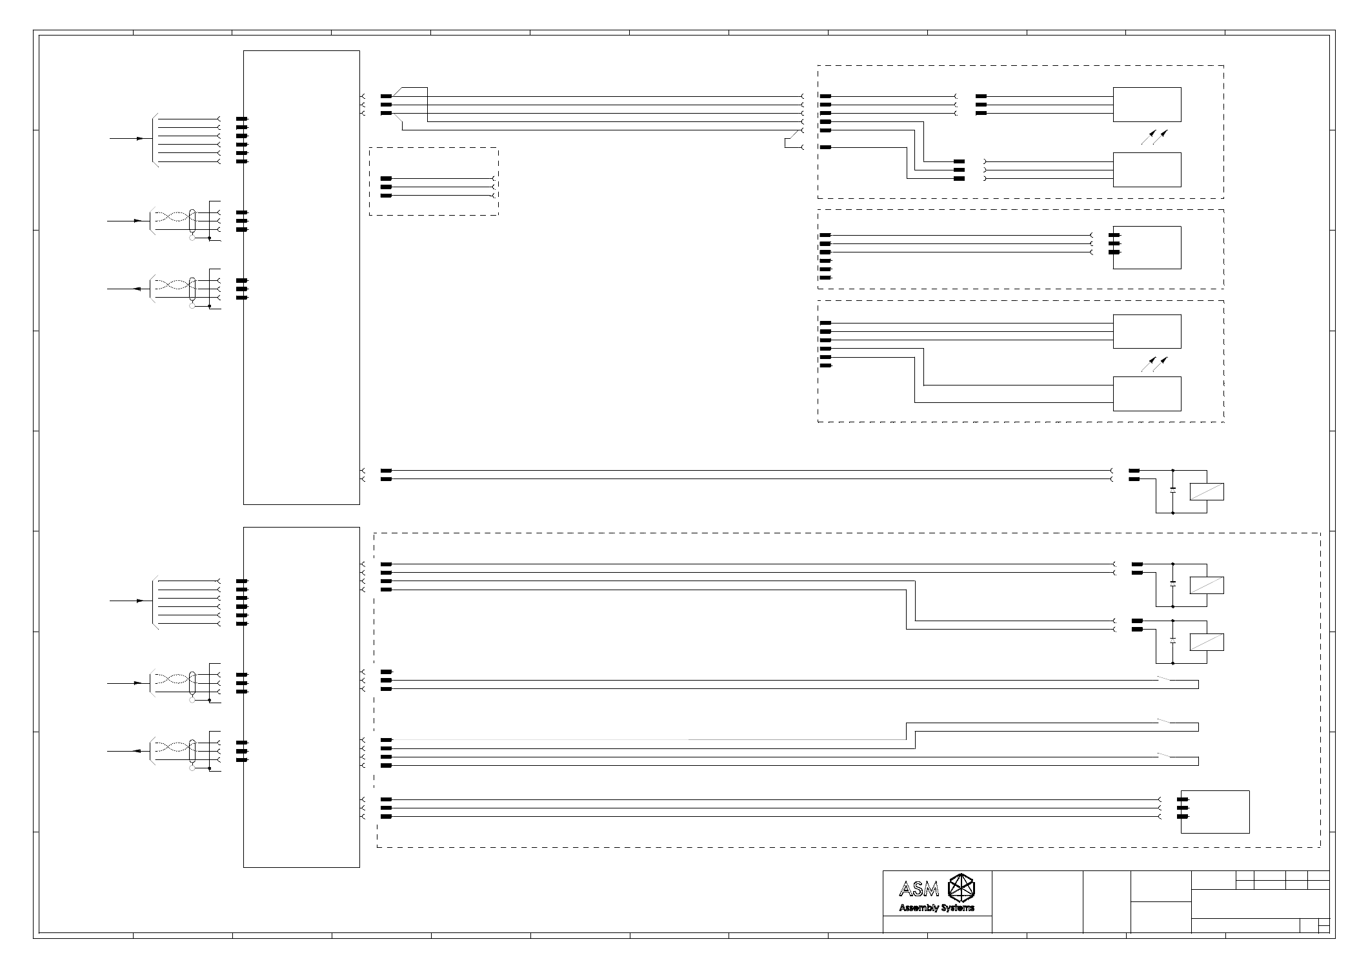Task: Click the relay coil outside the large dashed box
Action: pos(1207,491)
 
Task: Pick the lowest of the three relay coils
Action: pos(1207,642)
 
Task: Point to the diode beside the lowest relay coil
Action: pos(1173,641)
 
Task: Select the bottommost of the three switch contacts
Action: pos(1164,755)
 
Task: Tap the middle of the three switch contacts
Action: pos(1164,721)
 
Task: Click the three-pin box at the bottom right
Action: pos(1215,812)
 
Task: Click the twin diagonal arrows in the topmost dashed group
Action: pos(1155,137)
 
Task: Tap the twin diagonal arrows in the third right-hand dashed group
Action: pos(1155,364)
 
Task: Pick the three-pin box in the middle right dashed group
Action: pos(1147,247)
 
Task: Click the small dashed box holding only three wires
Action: pos(434,181)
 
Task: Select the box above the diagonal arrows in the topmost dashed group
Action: pos(1147,105)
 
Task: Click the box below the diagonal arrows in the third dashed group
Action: pos(1147,394)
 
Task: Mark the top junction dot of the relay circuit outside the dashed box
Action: pos(1173,471)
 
